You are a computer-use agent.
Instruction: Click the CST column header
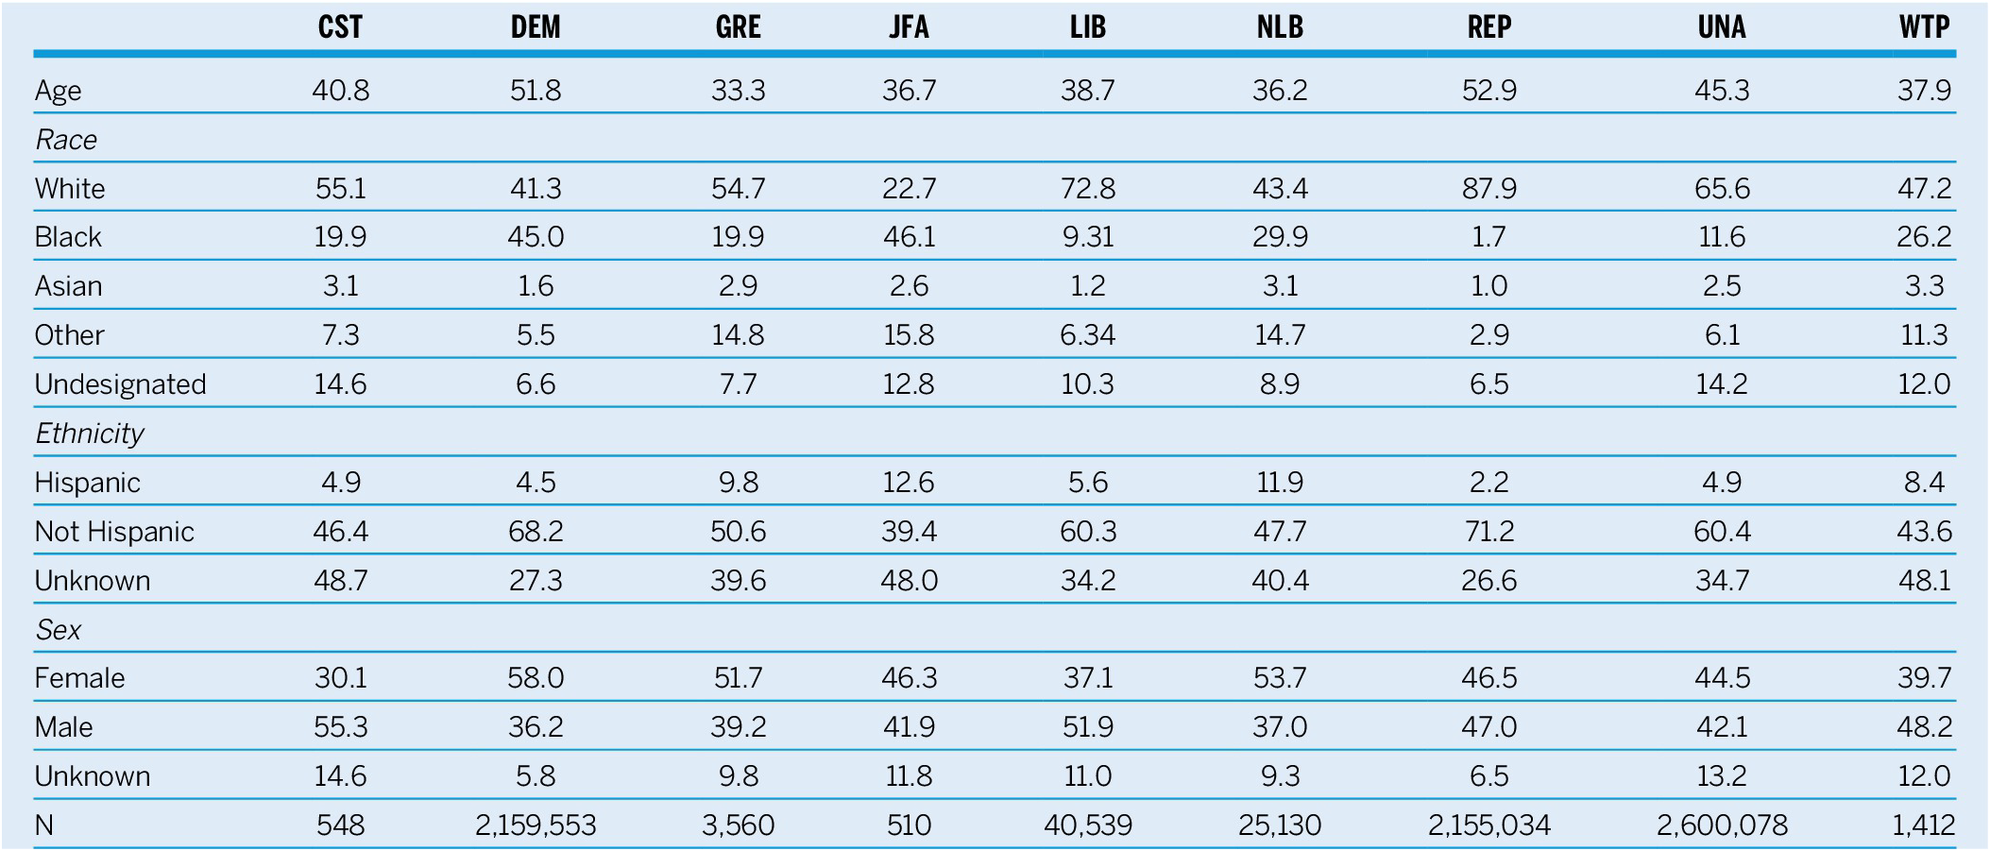coord(340,26)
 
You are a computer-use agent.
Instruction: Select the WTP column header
coord(1924,26)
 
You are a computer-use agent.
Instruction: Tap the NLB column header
coord(1280,26)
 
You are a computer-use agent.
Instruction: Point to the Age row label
coord(58,91)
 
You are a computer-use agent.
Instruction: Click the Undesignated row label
coord(120,384)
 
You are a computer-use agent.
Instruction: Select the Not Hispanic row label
coord(114,532)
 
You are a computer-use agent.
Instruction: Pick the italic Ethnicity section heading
coord(90,434)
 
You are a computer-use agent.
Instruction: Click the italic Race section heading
coord(66,140)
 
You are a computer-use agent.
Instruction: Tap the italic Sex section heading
coord(59,630)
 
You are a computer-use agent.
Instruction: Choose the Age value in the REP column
coord(1488,91)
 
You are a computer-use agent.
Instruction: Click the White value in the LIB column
coord(1087,189)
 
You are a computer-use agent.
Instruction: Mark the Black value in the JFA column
coord(909,237)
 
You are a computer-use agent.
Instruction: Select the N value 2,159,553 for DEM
coord(536,825)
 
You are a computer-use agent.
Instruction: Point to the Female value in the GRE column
coord(738,678)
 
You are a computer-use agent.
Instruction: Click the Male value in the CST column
coord(340,727)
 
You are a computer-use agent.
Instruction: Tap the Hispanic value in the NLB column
coord(1280,483)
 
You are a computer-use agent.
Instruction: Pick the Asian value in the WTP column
coord(1924,286)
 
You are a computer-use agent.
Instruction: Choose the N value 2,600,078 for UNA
coord(1722,825)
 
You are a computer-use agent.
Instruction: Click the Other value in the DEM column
coord(536,335)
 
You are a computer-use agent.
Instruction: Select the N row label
coord(44,825)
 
